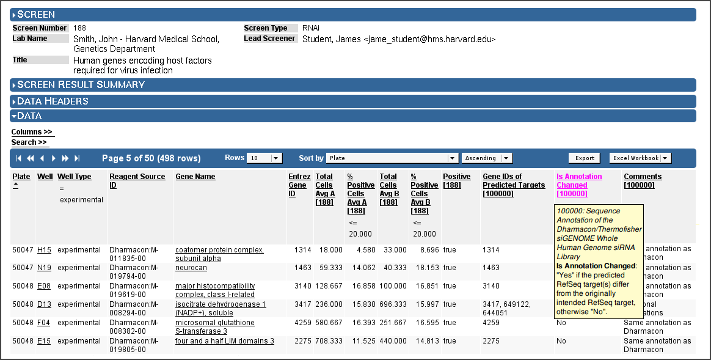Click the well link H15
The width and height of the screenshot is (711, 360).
pyautogui.click(x=44, y=250)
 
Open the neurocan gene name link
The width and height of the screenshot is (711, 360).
pyautogui.click(x=191, y=267)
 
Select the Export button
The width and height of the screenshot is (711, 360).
pyautogui.click(x=585, y=158)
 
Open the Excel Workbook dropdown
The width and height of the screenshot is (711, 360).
pyautogui.click(x=640, y=158)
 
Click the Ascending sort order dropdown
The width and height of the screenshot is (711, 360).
pyautogui.click(x=487, y=158)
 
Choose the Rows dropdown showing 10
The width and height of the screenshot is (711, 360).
pyautogui.click(x=264, y=158)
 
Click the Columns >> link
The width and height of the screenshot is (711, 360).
pyautogui.click(x=32, y=131)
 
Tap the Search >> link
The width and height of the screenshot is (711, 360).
pyautogui.click(x=29, y=142)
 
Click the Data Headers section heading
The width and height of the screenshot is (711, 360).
pyautogui.click(x=53, y=101)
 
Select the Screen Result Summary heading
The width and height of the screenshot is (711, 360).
pyautogui.click(x=81, y=85)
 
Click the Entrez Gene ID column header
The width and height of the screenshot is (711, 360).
pyautogui.click(x=299, y=185)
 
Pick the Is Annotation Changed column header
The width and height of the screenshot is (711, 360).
pyautogui.click(x=579, y=185)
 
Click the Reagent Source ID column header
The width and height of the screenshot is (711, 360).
pyautogui.click(x=137, y=181)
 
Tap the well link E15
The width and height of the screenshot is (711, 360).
pyautogui.click(x=44, y=341)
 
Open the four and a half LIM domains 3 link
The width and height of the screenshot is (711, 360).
pyautogui.click(x=224, y=341)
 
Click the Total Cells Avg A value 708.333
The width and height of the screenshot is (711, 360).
pyautogui.click(x=329, y=341)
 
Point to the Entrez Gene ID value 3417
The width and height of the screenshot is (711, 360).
pyautogui.click(x=303, y=304)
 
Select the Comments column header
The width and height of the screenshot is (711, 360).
pyautogui.click(x=643, y=181)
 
